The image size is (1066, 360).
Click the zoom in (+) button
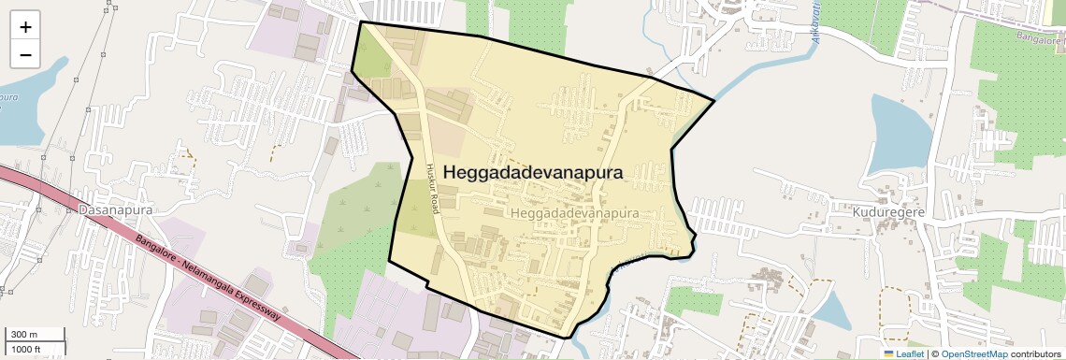[25, 27]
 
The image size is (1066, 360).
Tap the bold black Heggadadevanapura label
[533, 173]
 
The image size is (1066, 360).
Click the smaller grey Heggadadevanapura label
[576, 213]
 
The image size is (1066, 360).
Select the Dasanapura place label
[115, 211]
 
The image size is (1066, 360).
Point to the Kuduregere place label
[887, 212]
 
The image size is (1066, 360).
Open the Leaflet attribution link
[910, 353]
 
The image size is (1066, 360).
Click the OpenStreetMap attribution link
[973, 353]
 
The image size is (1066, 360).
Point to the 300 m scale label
[22, 335]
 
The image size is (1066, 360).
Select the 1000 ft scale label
[25, 349]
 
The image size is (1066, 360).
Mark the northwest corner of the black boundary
[361, 22]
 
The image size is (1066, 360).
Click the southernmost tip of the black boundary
[569, 336]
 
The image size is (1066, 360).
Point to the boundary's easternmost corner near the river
[714, 100]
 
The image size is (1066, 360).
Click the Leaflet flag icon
[889, 353]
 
